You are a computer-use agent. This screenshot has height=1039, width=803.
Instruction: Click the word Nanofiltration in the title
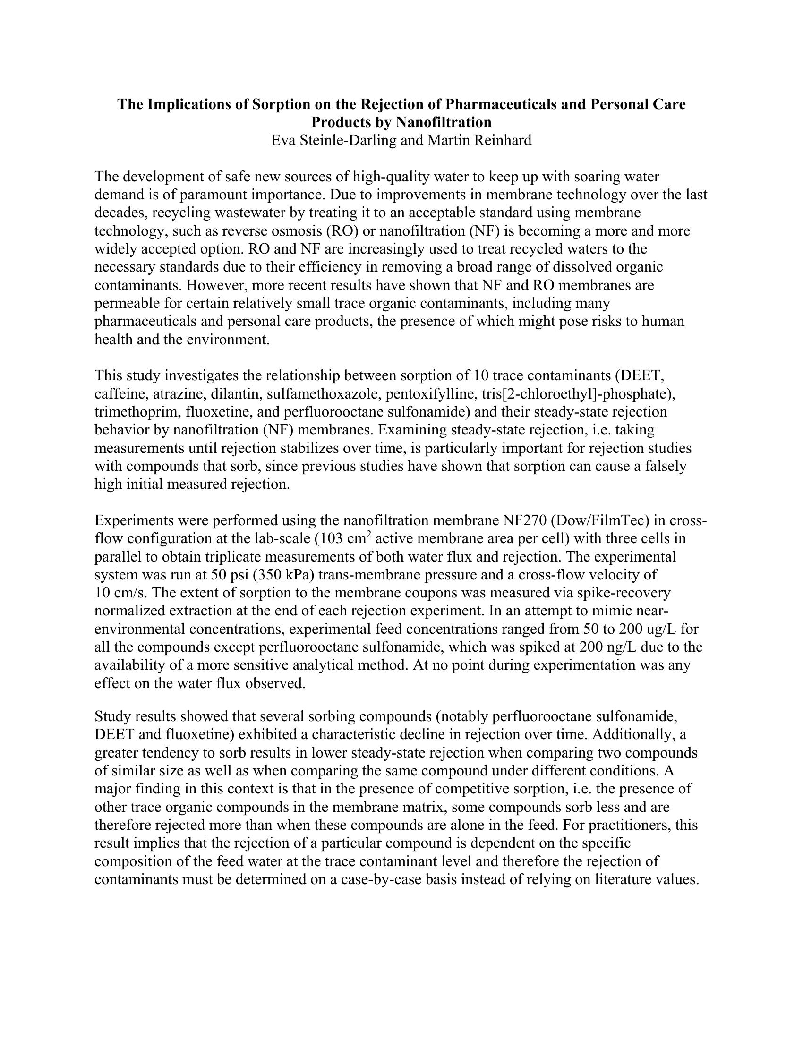pyautogui.click(x=444, y=122)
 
